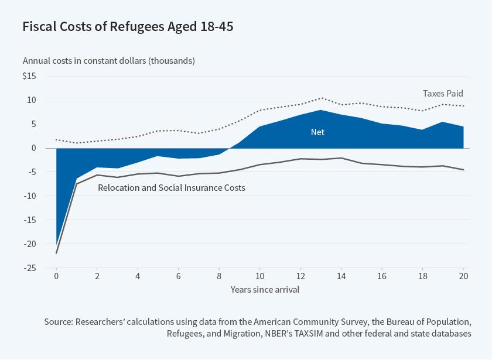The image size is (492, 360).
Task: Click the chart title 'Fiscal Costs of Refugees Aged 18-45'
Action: [128, 27]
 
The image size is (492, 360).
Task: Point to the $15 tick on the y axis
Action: [29, 77]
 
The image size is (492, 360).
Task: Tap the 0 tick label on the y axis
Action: [34, 149]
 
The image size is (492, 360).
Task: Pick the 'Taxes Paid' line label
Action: [443, 93]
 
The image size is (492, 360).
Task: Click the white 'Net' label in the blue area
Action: [317, 132]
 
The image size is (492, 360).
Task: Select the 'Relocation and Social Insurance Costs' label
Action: [171, 188]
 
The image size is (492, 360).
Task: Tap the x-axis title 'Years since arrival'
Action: [260, 289]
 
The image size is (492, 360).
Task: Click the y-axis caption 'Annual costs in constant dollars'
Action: [109, 61]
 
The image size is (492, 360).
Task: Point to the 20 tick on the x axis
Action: [464, 276]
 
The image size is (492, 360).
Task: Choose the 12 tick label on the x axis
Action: [300, 276]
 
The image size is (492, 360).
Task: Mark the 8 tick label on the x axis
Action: [219, 276]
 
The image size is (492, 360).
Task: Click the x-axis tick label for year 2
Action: [97, 276]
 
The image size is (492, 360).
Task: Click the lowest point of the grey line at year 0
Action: [56, 253]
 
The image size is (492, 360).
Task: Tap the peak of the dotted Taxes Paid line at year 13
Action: [321, 98]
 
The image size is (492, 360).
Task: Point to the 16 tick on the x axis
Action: [382, 276]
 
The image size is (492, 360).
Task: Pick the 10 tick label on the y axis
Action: [32, 101]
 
